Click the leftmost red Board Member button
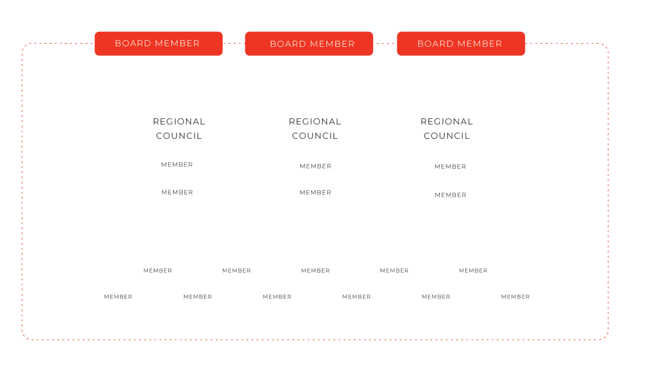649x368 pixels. (x=159, y=43)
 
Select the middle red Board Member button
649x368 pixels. (x=309, y=43)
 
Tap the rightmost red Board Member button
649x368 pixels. (x=461, y=43)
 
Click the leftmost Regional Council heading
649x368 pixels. (x=179, y=128)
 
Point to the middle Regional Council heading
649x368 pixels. (x=315, y=128)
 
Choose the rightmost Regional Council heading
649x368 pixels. (x=446, y=128)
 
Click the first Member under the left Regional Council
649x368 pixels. (x=177, y=164)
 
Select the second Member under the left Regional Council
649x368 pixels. (x=177, y=192)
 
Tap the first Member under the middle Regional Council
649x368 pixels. (x=315, y=166)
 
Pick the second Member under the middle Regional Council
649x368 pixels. (x=315, y=193)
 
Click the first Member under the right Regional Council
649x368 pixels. (x=450, y=167)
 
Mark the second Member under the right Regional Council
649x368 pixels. (x=450, y=195)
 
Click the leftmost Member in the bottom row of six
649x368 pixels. (x=118, y=297)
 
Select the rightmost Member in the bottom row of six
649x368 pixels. (x=516, y=297)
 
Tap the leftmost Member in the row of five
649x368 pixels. (x=157, y=271)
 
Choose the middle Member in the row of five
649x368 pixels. (x=315, y=271)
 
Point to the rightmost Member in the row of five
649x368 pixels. (x=473, y=271)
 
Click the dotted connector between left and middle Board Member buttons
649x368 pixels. (x=234, y=43)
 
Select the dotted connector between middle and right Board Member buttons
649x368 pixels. (x=385, y=43)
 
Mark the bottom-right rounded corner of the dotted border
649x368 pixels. (x=606, y=337)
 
